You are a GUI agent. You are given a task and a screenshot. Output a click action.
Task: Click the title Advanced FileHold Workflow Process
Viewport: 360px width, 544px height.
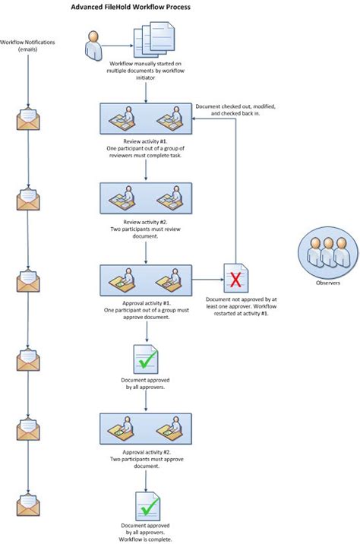coord(131,7)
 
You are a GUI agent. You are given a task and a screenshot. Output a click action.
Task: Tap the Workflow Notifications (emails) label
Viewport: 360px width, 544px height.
coord(27,45)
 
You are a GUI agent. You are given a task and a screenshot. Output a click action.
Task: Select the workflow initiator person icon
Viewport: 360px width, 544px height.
coord(94,45)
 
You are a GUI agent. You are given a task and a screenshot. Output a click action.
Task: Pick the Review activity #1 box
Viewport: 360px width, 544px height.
coord(145,120)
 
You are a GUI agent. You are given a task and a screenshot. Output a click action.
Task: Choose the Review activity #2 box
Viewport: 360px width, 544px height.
coord(145,200)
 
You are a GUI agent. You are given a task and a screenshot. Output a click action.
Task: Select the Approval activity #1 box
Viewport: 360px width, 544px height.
coord(145,281)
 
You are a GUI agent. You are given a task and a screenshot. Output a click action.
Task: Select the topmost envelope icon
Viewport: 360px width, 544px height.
coord(28,119)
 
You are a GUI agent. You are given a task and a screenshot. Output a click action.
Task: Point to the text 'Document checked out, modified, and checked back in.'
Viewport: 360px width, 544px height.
coord(235,110)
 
